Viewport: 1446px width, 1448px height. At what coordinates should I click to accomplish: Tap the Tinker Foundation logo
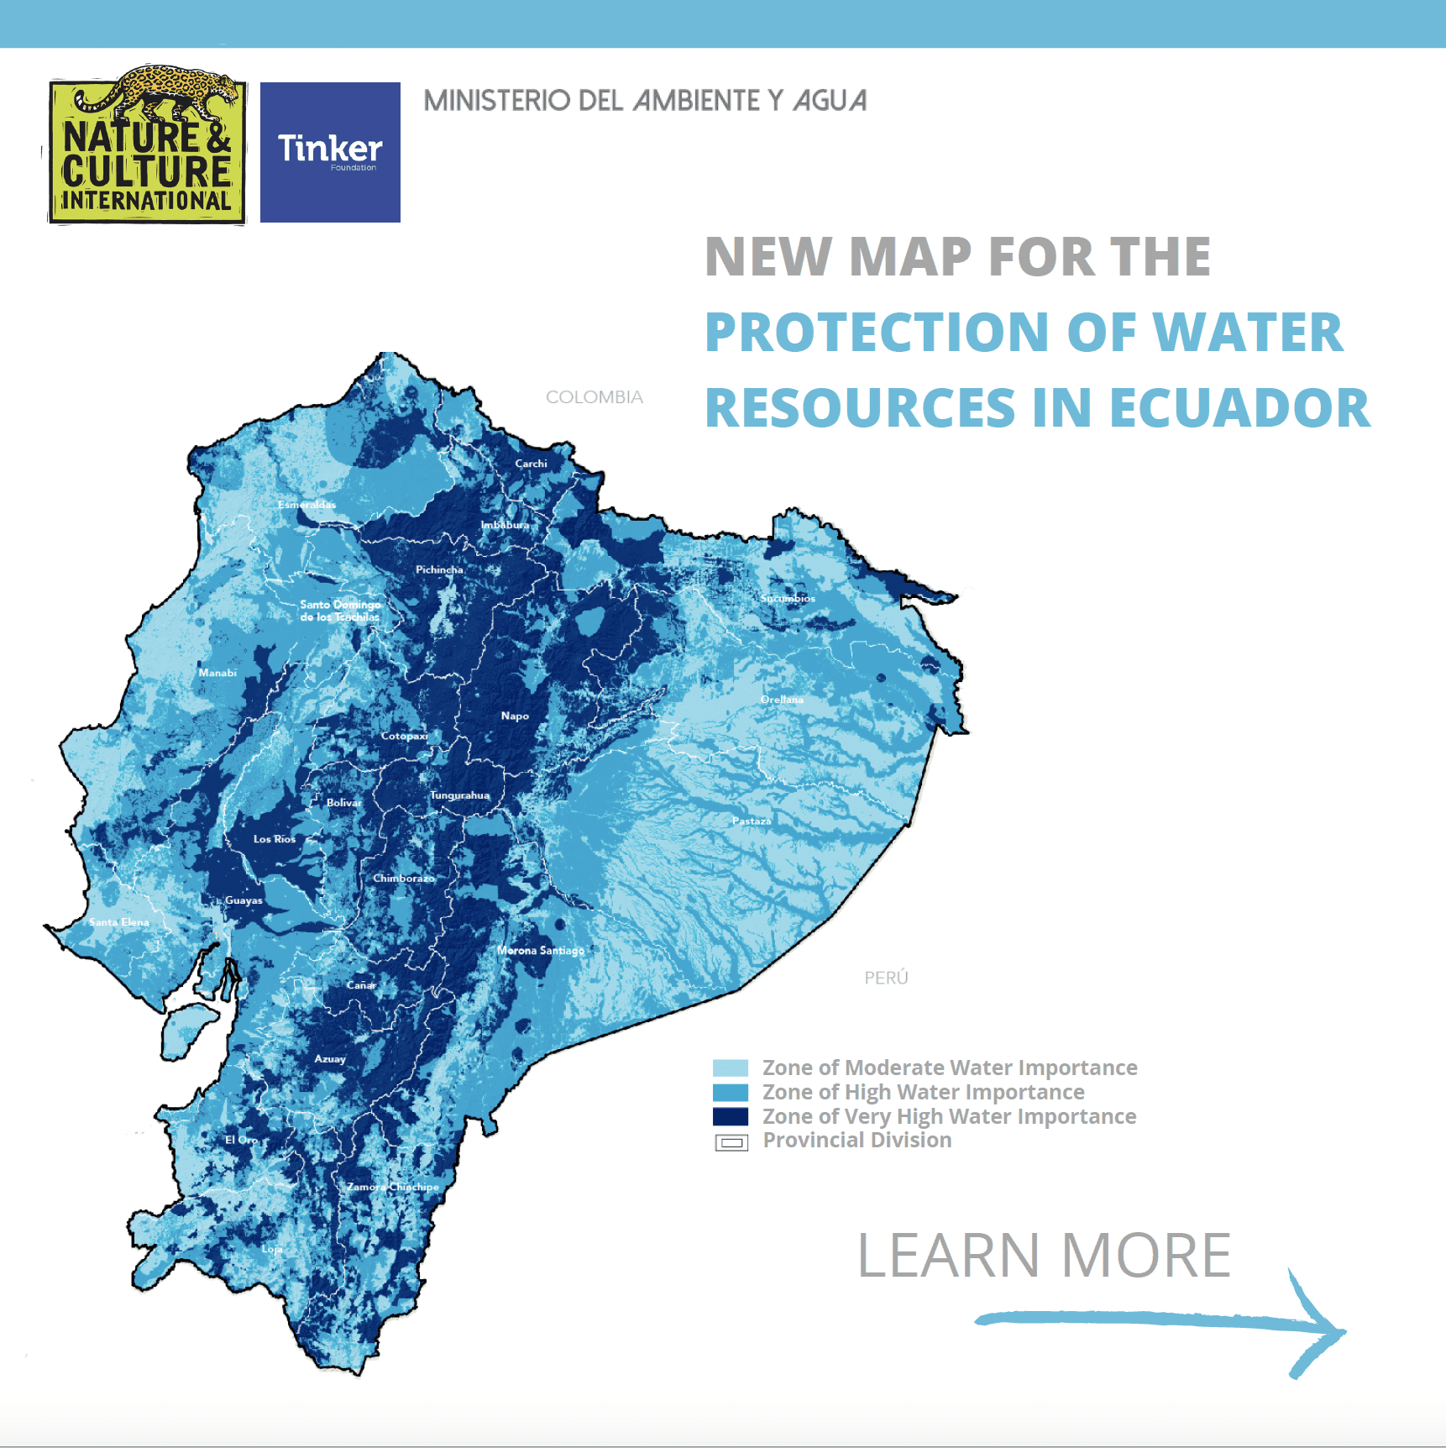point(330,152)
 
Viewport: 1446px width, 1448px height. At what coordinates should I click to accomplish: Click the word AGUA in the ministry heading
point(830,101)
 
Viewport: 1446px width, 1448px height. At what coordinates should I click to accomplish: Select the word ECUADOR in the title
point(1239,408)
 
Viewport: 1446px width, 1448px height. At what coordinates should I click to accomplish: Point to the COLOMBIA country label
point(594,397)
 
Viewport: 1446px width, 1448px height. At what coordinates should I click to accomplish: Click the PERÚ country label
point(886,978)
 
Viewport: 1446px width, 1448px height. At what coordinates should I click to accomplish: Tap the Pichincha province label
point(439,569)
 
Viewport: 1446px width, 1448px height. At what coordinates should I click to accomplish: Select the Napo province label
point(515,716)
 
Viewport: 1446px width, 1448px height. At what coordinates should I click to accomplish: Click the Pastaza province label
point(751,821)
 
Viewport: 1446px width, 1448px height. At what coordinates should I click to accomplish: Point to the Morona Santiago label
point(540,951)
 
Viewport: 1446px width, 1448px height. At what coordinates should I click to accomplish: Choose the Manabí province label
point(217,673)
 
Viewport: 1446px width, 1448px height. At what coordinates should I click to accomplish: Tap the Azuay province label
point(330,1059)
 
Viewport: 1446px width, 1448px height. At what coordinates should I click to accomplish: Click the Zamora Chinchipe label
point(393,1187)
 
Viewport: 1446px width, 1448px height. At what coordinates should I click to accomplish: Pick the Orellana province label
point(782,700)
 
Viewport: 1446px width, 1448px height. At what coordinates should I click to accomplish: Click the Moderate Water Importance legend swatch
point(730,1068)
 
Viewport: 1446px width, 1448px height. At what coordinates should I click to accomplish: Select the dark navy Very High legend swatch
point(730,1116)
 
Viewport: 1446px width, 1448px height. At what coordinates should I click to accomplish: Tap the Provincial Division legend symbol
point(731,1142)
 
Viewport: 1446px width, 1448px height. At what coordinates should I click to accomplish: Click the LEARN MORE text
point(1044,1256)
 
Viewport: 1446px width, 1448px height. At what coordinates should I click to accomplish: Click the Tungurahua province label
point(459,795)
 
